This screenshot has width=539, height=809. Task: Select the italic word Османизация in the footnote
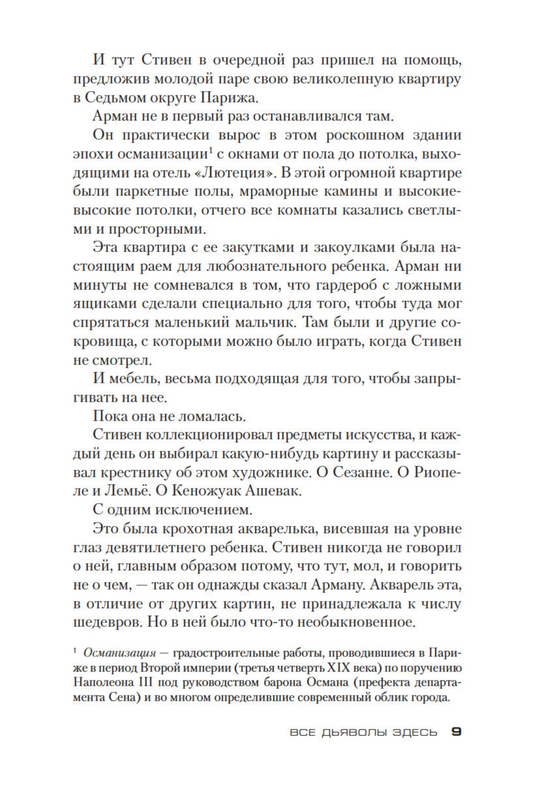(x=120, y=653)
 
